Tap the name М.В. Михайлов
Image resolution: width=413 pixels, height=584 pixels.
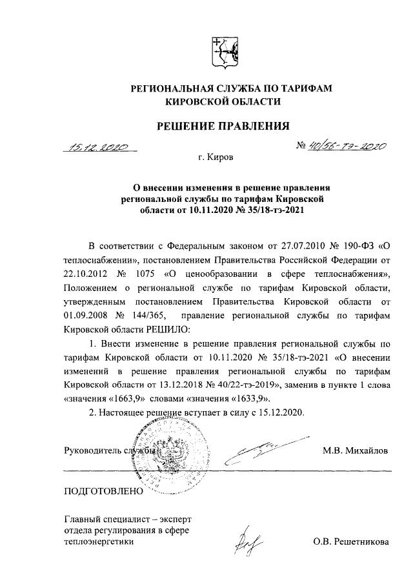[x=356, y=451]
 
